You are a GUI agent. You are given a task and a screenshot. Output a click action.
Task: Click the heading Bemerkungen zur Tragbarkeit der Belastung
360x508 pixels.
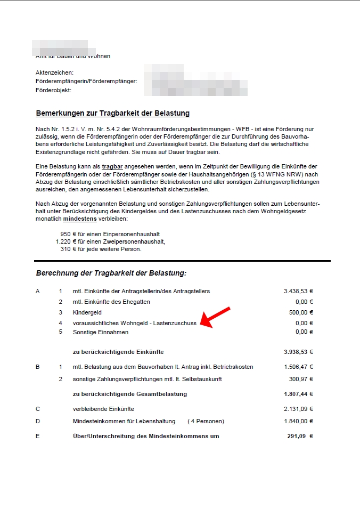click(x=112, y=113)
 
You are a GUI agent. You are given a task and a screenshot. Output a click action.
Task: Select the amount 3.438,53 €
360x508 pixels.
click(x=298, y=292)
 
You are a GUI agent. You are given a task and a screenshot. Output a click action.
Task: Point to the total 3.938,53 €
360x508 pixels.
click(x=298, y=352)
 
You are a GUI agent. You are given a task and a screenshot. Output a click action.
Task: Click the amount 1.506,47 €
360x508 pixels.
click(x=298, y=367)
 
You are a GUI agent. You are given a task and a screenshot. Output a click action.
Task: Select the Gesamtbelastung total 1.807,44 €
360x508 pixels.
click(x=298, y=394)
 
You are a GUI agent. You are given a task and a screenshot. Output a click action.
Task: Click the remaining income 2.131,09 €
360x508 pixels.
click(x=298, y=409)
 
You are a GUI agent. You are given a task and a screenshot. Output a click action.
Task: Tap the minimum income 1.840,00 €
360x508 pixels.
click(x=298, y=422)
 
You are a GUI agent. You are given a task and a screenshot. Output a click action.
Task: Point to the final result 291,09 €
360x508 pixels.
click(x=300, y=436)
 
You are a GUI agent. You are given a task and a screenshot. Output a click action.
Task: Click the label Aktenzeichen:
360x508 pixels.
click(x=54, y=72)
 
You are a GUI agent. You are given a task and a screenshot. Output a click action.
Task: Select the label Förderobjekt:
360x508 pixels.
click(x=53, y=90)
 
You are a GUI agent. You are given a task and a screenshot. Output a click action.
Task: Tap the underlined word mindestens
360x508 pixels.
click(x=79, y=219)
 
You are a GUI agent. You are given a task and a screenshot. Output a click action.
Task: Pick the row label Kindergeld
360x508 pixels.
click(x=87, y=312)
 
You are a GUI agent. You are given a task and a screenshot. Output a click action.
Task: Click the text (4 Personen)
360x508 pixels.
click(x=206, y=422)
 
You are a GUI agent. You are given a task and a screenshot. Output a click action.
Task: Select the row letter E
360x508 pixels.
click(x=37, y=436)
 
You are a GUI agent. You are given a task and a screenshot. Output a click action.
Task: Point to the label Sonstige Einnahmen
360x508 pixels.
click(x=101, y=332)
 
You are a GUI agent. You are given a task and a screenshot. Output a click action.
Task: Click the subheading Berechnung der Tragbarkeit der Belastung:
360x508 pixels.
click(x=111, y=273)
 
